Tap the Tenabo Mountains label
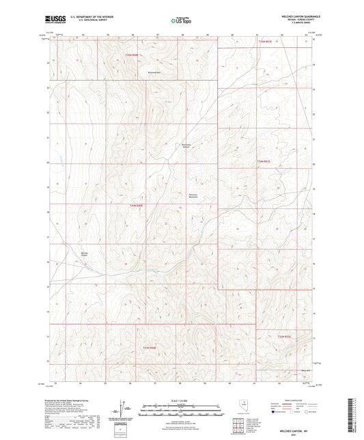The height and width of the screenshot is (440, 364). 194,195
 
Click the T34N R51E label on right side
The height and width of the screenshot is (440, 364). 264,161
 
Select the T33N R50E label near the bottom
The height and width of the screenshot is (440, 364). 150,348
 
